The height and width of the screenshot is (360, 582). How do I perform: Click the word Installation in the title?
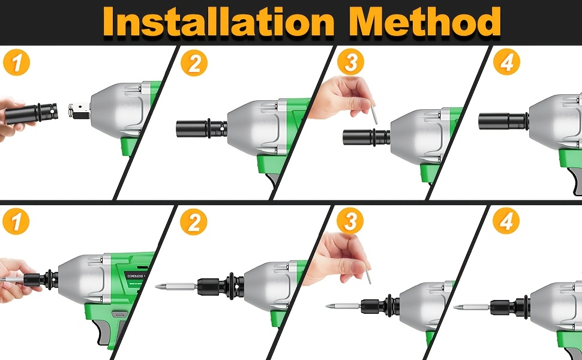222,22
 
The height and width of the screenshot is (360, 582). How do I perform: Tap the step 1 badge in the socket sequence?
16,63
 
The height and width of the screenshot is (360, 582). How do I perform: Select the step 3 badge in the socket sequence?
350,61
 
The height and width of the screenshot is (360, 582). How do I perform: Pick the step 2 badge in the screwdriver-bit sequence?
193,223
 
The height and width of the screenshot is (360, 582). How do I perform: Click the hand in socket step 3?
339,97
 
